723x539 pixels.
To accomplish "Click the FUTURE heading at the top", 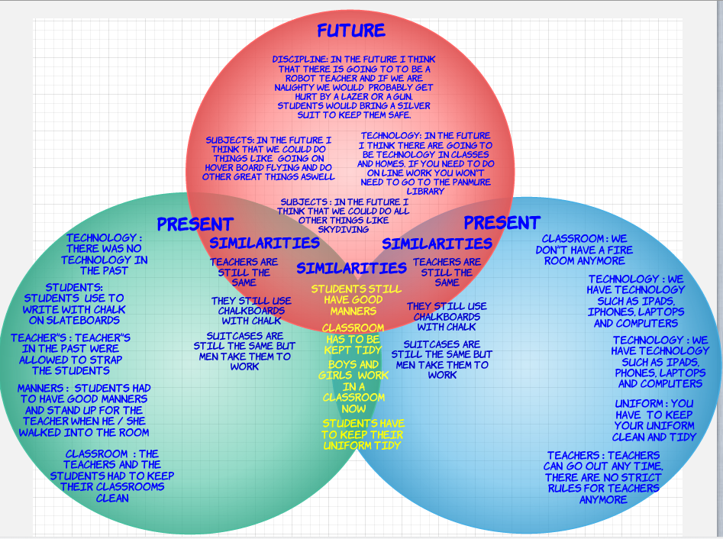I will (x=351, y=31).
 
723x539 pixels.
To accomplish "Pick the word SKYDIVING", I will (x=334, y=229).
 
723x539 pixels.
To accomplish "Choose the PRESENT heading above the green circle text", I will (x=195, y=224).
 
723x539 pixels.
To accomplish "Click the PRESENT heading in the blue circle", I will (x=502, y=223).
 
